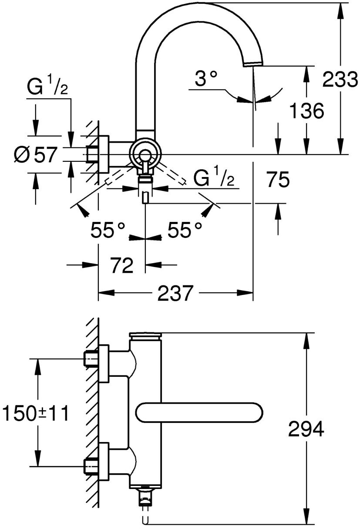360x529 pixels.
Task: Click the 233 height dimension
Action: pyautogui.click(x=341, y=79)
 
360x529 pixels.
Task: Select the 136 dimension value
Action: pyautogui.click(x=306, y=110)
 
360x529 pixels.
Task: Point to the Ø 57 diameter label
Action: pyautogui.click(x=35, y=155)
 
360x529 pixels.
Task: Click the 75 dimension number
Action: pyautogui.click(x=278, y=180)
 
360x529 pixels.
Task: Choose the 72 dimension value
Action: pyautogui.click(x=122, y=266)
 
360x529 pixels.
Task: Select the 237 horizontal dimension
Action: pyautogui.click(x=175, y=293)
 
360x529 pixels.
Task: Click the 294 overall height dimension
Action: pyautogui.click(x=306, y=429)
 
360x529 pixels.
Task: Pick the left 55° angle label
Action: pyautogui.click(x=108, y=230)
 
